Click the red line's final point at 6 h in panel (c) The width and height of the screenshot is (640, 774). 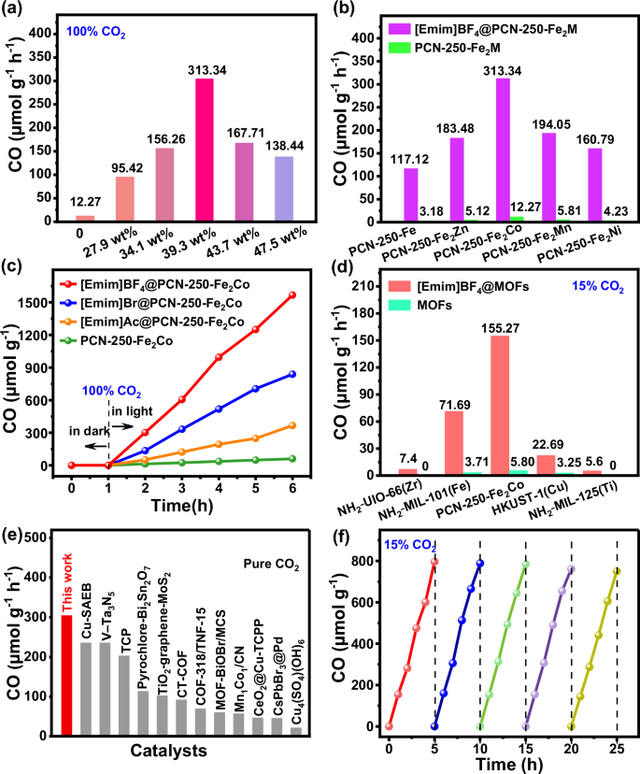point(292,294)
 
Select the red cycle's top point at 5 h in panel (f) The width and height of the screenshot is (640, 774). point(434,562)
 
